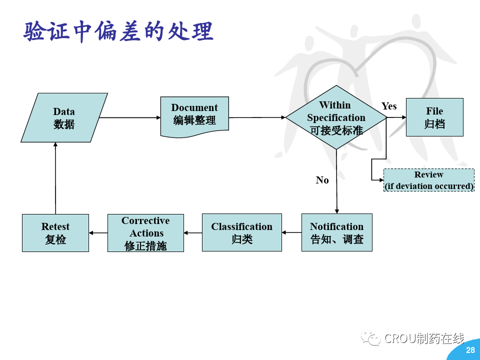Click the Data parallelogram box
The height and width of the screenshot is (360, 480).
[64, 117]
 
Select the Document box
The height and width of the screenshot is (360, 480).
[194, 115]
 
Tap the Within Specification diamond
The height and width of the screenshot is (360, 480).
[336, 117]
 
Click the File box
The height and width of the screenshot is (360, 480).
[434, 117]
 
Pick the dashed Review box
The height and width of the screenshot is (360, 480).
[428, 180]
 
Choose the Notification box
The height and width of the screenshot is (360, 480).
[336, 232]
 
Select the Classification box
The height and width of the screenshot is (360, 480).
[241, 232]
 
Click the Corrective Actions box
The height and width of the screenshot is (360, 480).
[145, 233]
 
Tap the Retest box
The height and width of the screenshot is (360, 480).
[55, 233]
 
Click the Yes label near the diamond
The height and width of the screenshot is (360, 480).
[389, 106]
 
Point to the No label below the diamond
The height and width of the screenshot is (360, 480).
[322, 180]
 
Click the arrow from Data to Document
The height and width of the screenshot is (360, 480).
[129, 117]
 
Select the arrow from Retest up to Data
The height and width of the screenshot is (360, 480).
[55, 177]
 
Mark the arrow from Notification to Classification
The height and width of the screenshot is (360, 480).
[291, 232]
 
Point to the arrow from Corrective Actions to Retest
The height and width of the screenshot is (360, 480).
[98, 232]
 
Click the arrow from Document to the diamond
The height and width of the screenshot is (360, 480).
[257, 117]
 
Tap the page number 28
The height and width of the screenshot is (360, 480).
[470, 350]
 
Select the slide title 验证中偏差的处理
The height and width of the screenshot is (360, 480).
[118, 31]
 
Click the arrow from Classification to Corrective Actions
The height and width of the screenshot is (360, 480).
[192, 232]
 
